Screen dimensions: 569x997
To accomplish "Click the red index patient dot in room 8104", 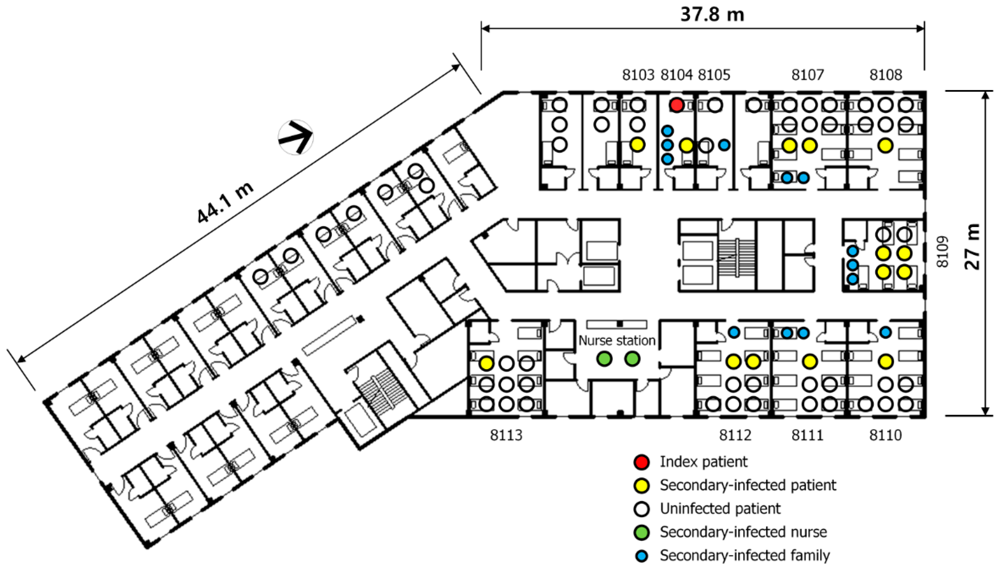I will click(x=676, y=105).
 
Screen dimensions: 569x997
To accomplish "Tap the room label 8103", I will click(x=638, y=75).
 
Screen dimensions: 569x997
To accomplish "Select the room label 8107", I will click(x=807, y=75).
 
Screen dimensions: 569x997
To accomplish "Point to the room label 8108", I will click(x=886, y=75).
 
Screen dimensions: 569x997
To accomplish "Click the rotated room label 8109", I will click(x=943, y=252).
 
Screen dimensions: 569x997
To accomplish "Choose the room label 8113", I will click(x=506, y=435).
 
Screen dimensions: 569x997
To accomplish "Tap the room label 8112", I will click(x=735, y=435).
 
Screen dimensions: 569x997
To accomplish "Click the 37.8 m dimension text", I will click(x=712, y=15).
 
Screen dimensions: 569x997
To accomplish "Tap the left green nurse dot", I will click(x=605, y=359).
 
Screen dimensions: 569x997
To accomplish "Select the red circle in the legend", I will click(x=641, y=462).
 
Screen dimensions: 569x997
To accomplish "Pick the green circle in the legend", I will click(x=641, y=532).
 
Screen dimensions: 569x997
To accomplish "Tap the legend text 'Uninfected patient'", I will click(x=720, y=508).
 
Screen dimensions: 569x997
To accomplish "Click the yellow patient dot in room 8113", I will click(x=486, y=363).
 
